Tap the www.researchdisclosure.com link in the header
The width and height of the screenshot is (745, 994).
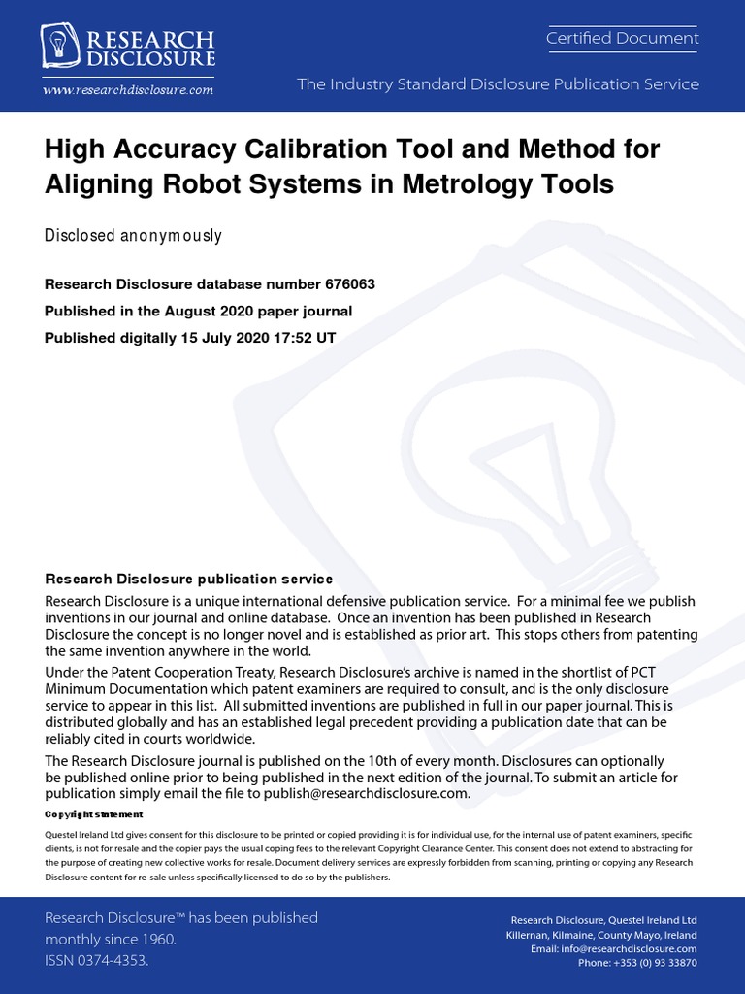tap(127, 89)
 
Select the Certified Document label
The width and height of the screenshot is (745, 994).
tap(622, 38)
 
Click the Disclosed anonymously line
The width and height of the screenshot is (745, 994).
tap(133, 236)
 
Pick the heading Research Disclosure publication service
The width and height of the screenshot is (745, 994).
tap(188, 580)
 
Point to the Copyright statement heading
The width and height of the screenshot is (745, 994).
tap(94, 814)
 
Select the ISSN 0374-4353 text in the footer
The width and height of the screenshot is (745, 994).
tap(97, 960)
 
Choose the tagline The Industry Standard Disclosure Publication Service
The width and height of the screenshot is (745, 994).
tap(498, 84)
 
